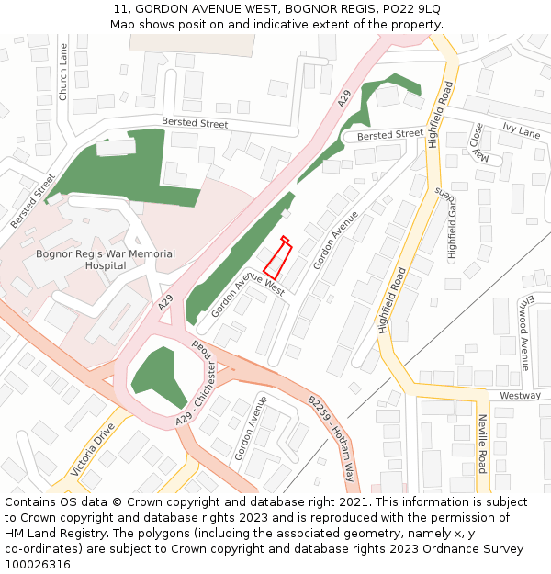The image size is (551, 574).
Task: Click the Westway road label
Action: tap(520, 396)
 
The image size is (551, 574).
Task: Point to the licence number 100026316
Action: tap(39, 565)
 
